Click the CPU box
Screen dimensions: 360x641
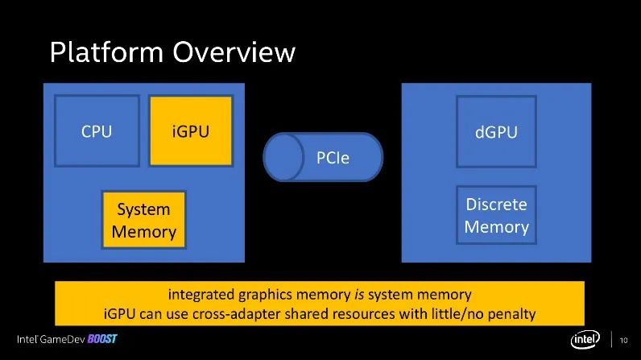pyautogui.click(x=97, y=130)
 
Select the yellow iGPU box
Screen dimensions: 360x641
pyautogui.click(x=191, y=130)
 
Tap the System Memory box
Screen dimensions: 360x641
pyautogui.click(x=144, y=220)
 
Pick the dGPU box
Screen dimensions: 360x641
pyautogui.click(x=496, y=130)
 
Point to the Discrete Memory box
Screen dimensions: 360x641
pyautogui.click(x=496, y=215)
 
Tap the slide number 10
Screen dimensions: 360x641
pyautogui.click(x=623, y=340)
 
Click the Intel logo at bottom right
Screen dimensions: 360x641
pyautogui.click(x=585, y=340)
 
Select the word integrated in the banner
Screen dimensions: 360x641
pyautogui.click(x=200, y=294)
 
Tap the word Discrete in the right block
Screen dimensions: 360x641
pyautogui.click(x=496, y=205)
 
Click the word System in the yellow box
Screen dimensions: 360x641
pyautogui.click(x=144, y=209)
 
